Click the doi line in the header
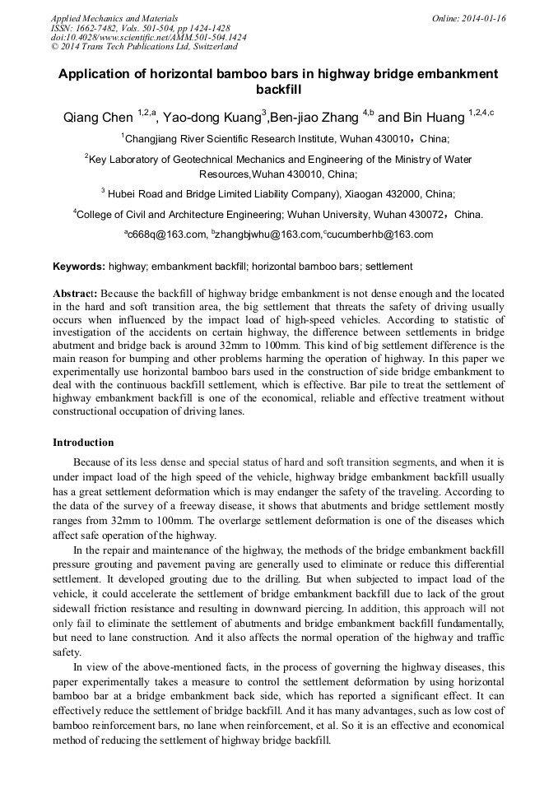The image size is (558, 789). click(148, 38)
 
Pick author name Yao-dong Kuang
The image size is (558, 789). click(212, 117)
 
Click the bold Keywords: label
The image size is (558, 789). click(79, 267)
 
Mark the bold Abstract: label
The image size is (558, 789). click(77, 294)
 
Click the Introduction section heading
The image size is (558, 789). click(83, 443)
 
